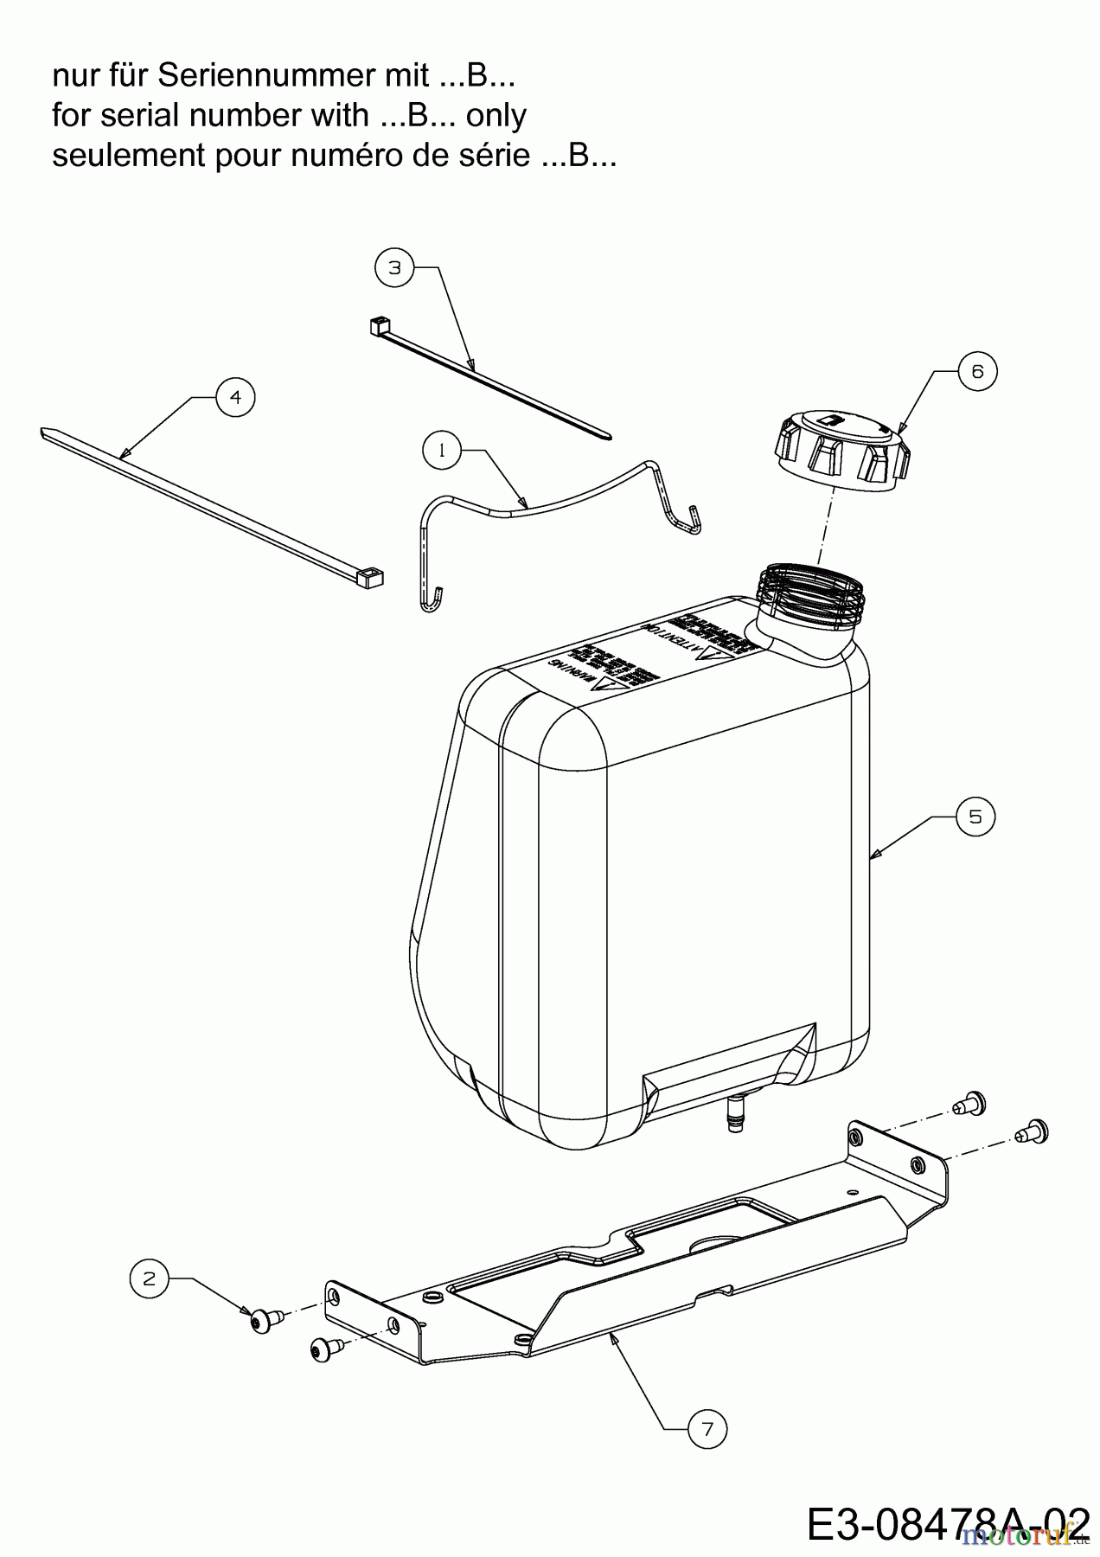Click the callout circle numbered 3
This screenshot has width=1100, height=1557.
tap(394, 268)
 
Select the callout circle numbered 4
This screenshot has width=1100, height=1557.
tap(235, 397)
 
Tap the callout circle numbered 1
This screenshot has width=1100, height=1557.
tap(442, 450)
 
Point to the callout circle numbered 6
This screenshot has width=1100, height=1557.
tap(977, 371)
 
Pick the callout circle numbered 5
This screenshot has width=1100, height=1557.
tap(975, 817)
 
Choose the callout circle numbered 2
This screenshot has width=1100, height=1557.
tap(150, 1278)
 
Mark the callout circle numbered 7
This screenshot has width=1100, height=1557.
tap(707, 1430)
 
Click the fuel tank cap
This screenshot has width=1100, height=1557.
tap(841, 450)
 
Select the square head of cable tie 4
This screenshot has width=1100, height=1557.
tap(372, 577)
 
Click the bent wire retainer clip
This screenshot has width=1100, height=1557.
tap(553, 510)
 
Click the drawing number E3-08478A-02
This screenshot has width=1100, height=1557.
tap(948, 1525)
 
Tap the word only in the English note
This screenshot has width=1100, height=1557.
tap(496, 116)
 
